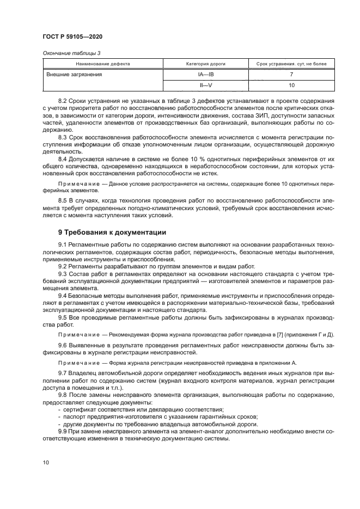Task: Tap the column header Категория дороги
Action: [206, 64]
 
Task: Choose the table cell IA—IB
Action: [206, 74]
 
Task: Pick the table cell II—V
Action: [206, 85]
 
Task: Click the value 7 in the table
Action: [291, 74]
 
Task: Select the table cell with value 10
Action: [291, 85]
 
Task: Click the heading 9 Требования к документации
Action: [112, 232]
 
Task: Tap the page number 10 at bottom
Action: [46, 462]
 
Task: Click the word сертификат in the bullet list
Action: [80, 409]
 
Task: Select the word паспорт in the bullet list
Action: [75, 416]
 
